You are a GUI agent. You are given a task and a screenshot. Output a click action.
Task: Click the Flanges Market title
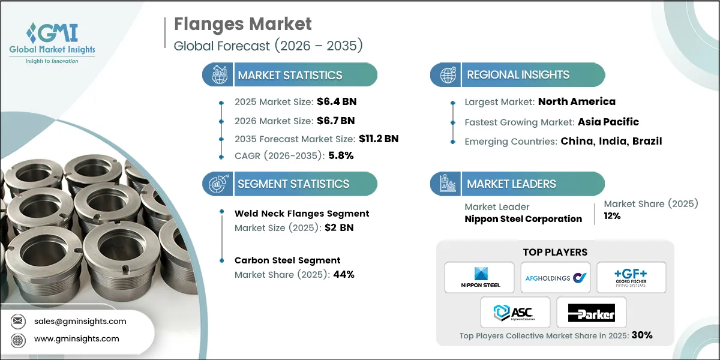tap(243, 25)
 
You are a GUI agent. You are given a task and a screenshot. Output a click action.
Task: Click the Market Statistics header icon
tap(216, 75)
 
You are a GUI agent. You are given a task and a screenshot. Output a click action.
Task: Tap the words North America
tap(577, 101)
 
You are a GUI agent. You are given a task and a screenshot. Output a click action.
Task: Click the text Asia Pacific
tap(608, 122)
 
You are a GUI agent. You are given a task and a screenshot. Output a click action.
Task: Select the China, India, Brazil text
tap(611, 142)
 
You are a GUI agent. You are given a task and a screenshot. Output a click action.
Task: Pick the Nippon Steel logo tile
tap(479, 277)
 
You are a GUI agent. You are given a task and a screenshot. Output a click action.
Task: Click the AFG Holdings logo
tap(556, 277)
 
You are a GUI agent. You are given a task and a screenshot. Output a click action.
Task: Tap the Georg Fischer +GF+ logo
tap(631, 277)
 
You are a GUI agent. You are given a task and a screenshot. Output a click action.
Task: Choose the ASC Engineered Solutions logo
tap(515, 312)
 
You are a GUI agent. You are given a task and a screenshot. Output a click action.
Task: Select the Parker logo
tap(592, 312)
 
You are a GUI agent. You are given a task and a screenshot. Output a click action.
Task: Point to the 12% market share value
tap(612, 216)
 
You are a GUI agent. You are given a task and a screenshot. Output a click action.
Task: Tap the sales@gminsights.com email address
tap(80, 321)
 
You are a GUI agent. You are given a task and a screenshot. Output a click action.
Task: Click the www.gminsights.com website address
tap(77, 339)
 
